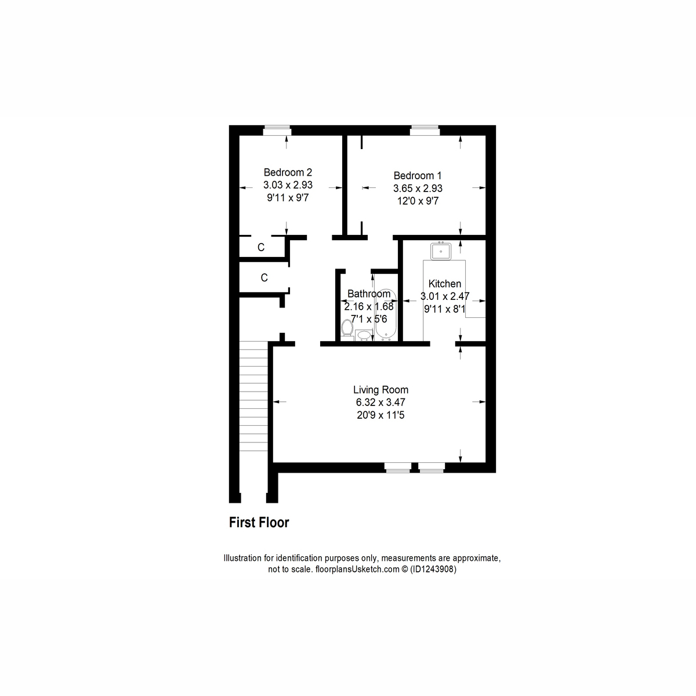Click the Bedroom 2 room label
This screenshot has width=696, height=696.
coord(288,172)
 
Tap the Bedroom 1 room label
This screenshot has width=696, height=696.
coord(418,176)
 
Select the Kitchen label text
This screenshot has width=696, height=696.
coord(445,284)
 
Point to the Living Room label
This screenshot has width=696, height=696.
coord(381,390)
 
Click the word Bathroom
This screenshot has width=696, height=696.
coord(369,294)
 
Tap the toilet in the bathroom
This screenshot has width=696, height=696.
coord(347,328)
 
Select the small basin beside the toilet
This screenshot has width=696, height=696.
coord(364,335)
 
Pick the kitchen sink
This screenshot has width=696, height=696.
coord(441,251)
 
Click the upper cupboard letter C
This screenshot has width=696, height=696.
coord(261,248)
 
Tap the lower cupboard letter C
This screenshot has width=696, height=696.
coord(264,278)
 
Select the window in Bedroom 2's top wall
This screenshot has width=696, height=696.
coord(276,130)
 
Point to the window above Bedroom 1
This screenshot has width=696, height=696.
coord(425,130)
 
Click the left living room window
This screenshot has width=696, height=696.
coord(398,467)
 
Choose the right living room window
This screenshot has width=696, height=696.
coord(432,467)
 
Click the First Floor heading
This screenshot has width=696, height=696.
coord(259,523)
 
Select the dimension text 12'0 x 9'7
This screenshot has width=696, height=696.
coord(418,201)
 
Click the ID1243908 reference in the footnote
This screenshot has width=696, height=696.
coord(433,570)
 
